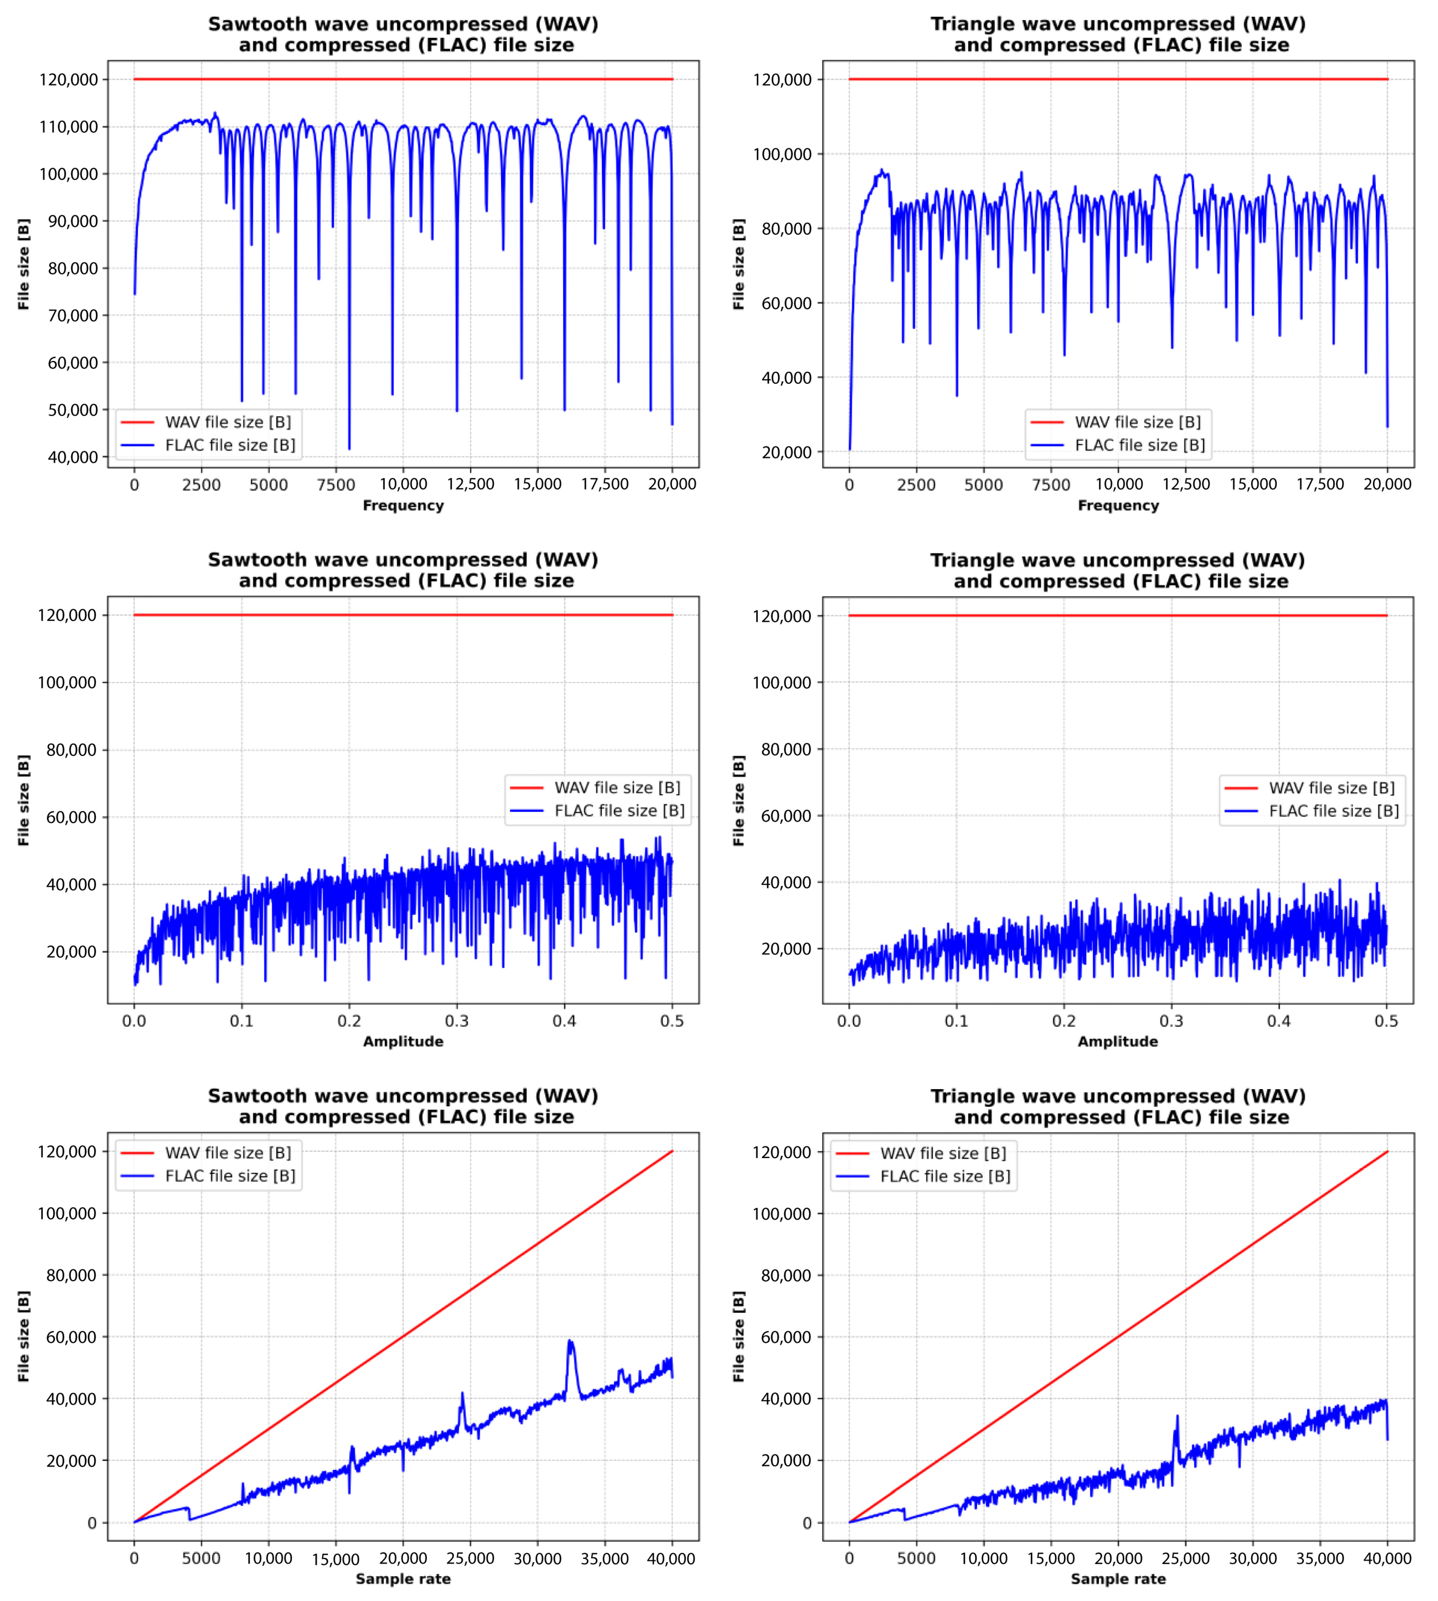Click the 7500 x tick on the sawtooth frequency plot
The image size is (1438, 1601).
336,484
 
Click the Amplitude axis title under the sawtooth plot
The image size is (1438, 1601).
403,1041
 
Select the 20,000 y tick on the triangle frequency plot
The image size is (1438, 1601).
786,452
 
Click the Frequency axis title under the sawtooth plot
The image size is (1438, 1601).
403,505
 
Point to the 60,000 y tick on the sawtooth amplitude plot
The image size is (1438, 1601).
71,817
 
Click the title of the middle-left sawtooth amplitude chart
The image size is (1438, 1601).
403,570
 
